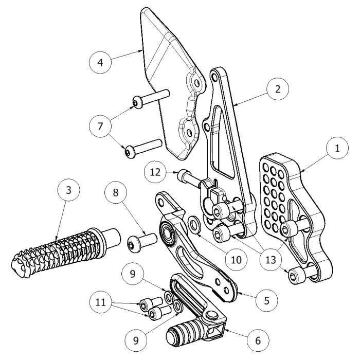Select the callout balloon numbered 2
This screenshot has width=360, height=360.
click(277, 88)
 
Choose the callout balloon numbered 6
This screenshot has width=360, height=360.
click(257, 340)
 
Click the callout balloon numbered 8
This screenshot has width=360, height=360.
click(116, 194)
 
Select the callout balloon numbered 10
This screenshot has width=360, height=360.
click(236, 260)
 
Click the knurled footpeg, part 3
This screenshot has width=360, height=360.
click(57, 251)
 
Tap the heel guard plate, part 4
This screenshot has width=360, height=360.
click(165, 82)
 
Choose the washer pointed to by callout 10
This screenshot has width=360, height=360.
click(195, 224)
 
